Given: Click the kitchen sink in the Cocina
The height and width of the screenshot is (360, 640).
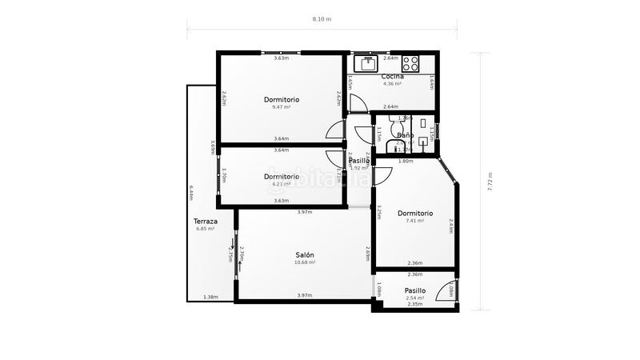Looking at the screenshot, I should (x=369, y=63).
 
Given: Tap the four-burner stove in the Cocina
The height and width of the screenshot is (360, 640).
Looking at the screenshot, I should (x=410, y=63).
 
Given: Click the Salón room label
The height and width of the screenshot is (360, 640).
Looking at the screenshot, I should (x=304, y=254).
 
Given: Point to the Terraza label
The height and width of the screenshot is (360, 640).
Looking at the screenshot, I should (x=206, y=221).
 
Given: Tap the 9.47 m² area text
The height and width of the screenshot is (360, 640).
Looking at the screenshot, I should (x=281, y=107).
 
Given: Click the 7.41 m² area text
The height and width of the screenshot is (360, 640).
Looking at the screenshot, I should (x=415, y=221).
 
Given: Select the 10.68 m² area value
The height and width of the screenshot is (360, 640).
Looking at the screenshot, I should (x=304, y=262).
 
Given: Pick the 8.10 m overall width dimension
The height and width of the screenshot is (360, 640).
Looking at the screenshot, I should (x=321, y=18).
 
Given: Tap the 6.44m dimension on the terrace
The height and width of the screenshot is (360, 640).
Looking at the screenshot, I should (x=192, y=193).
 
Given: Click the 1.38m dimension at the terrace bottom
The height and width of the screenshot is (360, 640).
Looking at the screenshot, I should (x=210, y=297).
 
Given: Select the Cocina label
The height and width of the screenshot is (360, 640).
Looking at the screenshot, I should (x=392, y=76).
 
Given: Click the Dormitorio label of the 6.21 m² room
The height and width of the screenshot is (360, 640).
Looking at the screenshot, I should (x=281, y=176).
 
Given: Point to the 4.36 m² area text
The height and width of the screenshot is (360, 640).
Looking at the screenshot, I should (x=392, y=83).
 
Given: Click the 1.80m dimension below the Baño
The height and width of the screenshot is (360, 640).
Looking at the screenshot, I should (x=406, y=161).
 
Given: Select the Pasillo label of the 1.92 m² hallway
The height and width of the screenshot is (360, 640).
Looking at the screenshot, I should (x=358, y=161).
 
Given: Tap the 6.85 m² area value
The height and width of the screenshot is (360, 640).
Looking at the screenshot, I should (x=206, y=229).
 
